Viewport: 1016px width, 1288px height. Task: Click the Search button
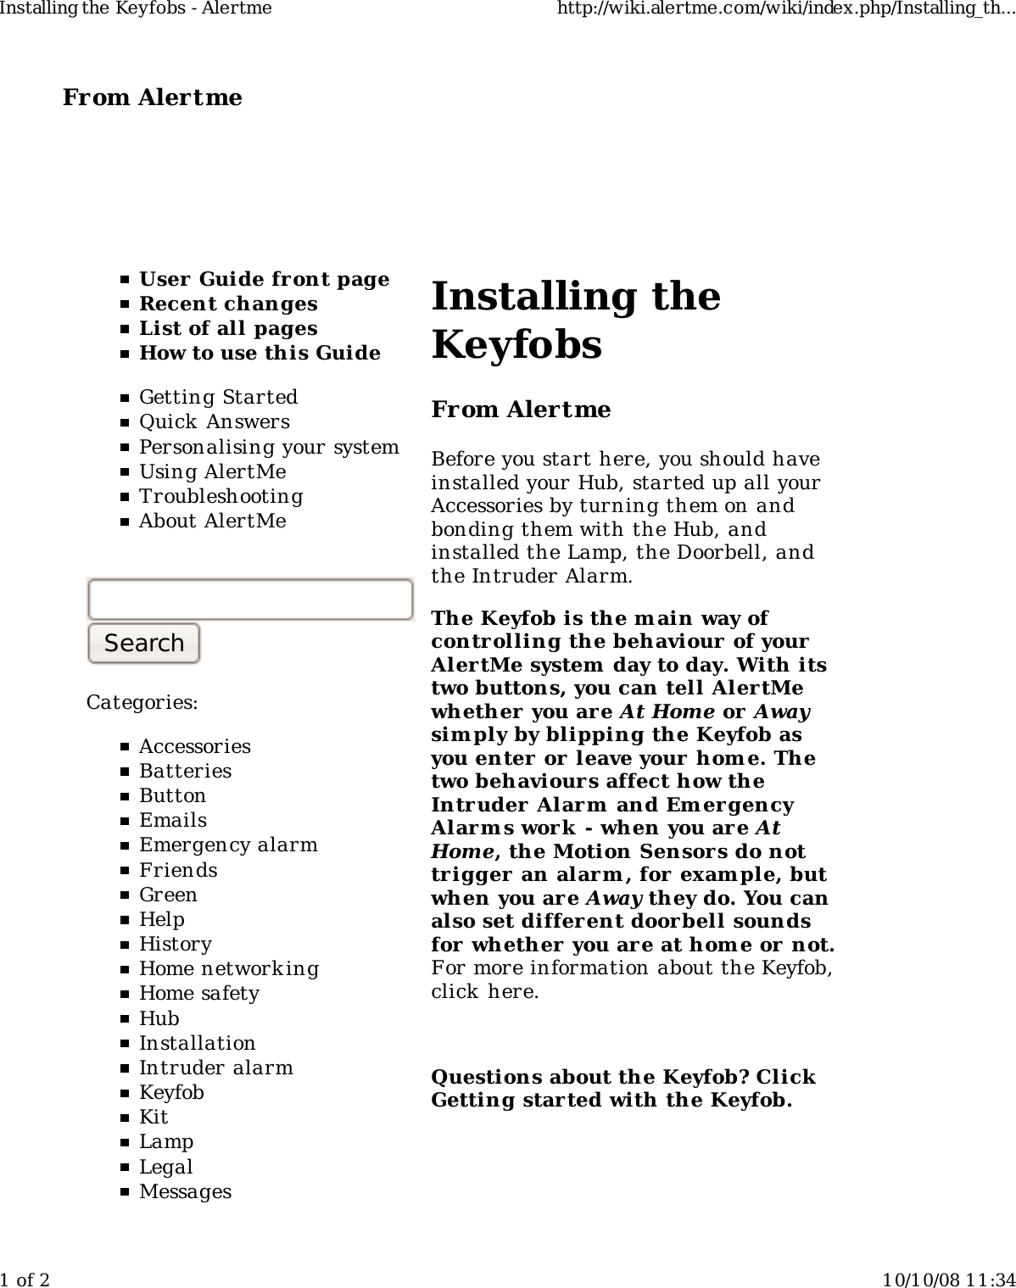[x=143, y=643]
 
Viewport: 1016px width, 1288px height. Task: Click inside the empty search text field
[x=250, y=599]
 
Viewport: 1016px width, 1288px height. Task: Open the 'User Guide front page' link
[x=264, y=279]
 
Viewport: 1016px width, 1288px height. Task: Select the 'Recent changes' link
[x=228, y=304]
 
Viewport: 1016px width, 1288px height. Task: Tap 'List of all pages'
[x=228, y=328]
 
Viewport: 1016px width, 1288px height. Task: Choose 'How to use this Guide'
[x=260, y=353]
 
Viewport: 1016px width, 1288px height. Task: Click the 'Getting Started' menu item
[x=218, y=397]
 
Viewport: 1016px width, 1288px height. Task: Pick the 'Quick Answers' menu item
[x=214, y=421]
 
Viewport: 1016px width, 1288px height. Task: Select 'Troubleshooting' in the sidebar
[x=221, y=496]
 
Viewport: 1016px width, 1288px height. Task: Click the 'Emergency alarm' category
[x=228, y=845]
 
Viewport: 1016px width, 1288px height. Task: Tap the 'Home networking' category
[x=229, y=968]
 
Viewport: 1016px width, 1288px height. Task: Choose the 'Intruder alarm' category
[x=215, y=1068]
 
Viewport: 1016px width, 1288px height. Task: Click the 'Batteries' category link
[x=185, y=771]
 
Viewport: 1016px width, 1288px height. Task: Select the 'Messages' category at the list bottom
[x=185, y=1191]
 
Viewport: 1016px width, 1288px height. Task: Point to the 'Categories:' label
[x=142, y=702]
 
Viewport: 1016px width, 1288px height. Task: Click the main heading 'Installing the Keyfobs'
[x=575, y=320]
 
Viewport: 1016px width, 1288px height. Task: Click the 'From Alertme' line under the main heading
[x=521, y=410]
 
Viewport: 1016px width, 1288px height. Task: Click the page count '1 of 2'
[x=25, y=1279]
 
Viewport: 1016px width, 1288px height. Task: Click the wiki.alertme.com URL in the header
[x=784, y=8]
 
